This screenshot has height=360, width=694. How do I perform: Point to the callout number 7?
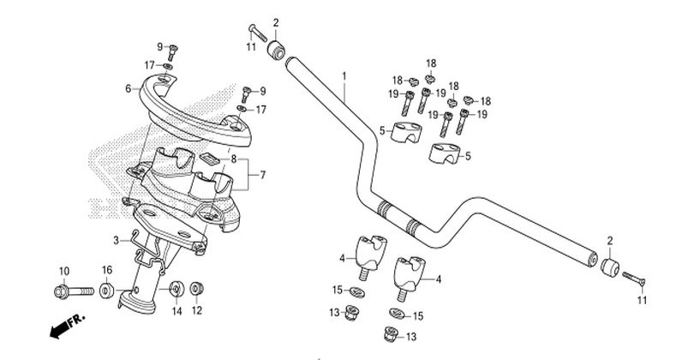[x=263, y=175]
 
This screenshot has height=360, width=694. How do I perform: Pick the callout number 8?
[x=232, y=159]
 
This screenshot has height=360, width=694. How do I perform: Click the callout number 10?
[x=64, y=272]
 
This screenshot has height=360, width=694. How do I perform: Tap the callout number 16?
[x=107, y=271]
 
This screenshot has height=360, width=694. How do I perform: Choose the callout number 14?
[x=176, y=310]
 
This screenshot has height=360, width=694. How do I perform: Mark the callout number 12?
[x=196, y=310]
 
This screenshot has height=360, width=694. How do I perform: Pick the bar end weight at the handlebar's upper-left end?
[x=276, y=50]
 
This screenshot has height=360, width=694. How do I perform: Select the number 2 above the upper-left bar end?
[x=276, y=23]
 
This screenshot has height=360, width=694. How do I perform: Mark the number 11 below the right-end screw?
[x=641, y=300]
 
